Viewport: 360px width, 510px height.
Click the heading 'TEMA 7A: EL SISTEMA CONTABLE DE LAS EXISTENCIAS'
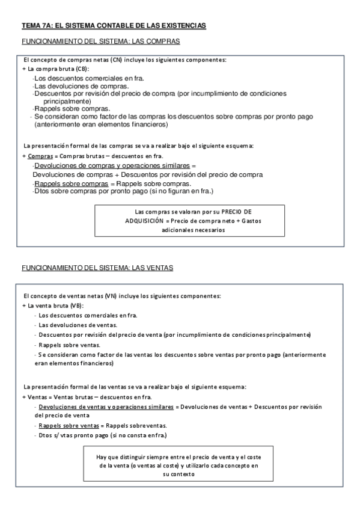point(114,26)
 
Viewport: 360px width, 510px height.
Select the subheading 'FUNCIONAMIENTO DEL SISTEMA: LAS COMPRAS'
point(101,41)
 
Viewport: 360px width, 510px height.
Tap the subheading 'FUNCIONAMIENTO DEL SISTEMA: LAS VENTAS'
point(97,267)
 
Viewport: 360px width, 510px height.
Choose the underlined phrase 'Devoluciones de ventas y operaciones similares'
point(105,407)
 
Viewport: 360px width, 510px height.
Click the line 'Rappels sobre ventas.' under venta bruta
point(69,345)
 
